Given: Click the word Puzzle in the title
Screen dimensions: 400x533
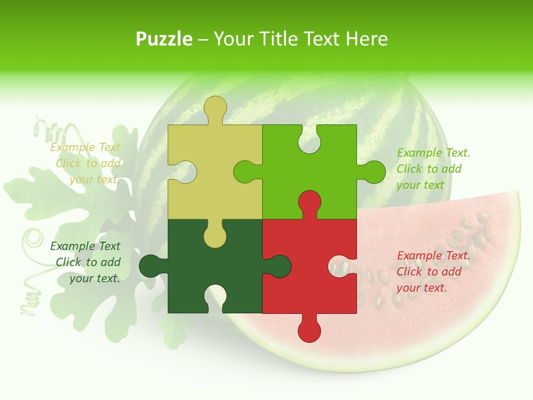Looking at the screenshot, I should click(164, 39).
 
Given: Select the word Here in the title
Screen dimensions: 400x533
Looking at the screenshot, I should click(366, 39).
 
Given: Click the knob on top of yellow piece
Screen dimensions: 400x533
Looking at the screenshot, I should click(215, 108).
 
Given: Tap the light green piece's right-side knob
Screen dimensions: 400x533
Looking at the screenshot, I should click(373, 172).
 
